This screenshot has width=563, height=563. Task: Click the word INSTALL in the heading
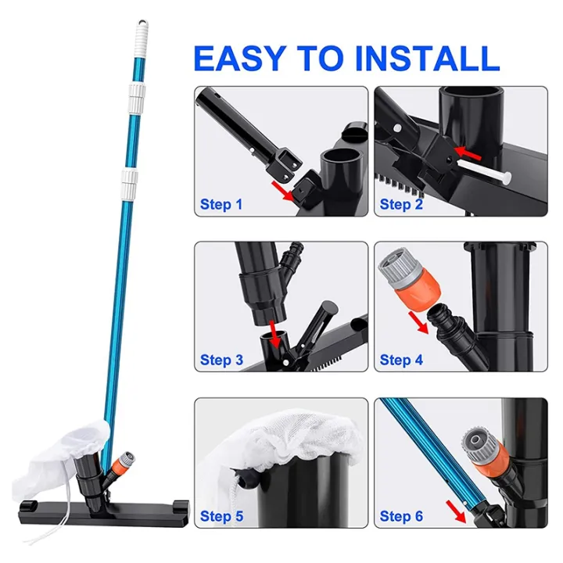(433, 59)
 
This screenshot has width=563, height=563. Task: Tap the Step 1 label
(221, 205)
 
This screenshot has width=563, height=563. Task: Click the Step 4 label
(400, 360)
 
